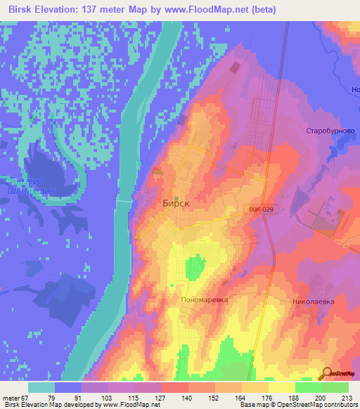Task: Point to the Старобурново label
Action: [329, 131]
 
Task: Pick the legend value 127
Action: [162, 397]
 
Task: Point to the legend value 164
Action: [242, 397]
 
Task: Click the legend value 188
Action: [295, 397]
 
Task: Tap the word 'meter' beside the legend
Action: [11, 397]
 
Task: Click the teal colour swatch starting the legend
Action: [41, 387]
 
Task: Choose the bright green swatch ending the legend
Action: [335, 387]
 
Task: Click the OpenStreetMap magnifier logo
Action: [326, 372]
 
